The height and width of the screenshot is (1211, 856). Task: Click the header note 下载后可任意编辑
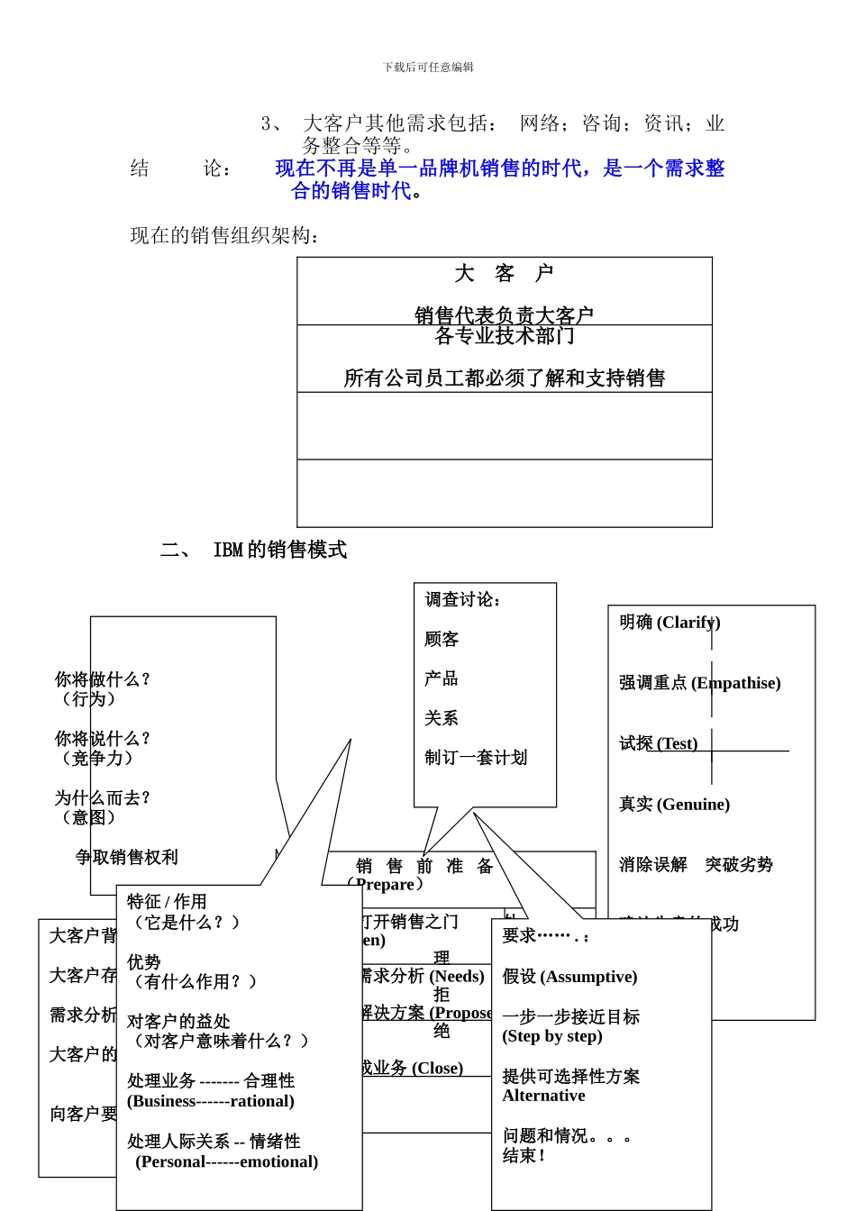point(428,68)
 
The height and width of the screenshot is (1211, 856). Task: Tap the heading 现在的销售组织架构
point(225,236)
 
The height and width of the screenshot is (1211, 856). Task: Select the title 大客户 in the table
point(504,274)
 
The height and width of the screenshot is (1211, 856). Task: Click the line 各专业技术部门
point(504,336)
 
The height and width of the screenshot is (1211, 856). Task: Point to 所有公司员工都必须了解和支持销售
point(504,378)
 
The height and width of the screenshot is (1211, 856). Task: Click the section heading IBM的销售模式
point(279,550)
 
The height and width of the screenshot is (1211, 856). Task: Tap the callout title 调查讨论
point(463,600)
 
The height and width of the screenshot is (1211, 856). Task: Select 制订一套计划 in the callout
point(476,758)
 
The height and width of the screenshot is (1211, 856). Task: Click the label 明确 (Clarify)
point(669,623)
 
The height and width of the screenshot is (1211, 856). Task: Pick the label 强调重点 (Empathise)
point(699,683)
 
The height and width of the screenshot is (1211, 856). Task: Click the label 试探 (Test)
point(658,743)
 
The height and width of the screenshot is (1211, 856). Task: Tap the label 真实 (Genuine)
point(674,804)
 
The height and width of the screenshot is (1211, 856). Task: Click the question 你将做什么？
point(103,679)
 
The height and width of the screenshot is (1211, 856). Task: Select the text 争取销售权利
point(127,857)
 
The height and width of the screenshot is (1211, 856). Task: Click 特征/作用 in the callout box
point(167,902)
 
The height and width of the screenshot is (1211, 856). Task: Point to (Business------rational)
point(211,1101)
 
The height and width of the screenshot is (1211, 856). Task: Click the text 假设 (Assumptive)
point(569,977)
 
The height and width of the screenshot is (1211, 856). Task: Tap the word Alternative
point(543,1096)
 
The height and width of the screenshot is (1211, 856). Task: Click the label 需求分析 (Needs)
point(423,976)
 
